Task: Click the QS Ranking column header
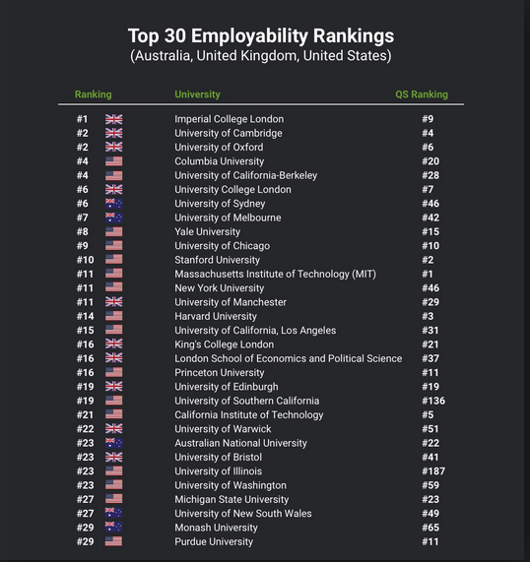click(x=422, y=94)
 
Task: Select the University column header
click(x=197, y=94)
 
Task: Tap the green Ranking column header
click(x=93, y=94)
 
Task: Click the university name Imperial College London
click(x=229, y=119)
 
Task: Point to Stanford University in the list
click(x=217, y=260)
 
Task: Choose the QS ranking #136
click(x=433, y=401)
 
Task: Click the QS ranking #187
click(x=433, y=471)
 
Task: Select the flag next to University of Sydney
click(x=113, y=204)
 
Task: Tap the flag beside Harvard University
click(x=113, y=316)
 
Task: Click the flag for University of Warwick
click(x=113, y=429)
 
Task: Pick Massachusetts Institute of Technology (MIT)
click(x=275, y=274)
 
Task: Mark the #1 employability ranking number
click(x=82, y=119)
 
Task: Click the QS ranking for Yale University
click(x=431, y=231)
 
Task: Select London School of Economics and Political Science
click(x=288, y=358)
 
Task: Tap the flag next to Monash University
click(x=113, y=527)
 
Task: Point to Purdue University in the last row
click(x=214, y=541)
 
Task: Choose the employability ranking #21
click(x=85, y=414)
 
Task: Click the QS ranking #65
click(x=431, y=528)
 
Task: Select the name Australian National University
click(x=240, y=443)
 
